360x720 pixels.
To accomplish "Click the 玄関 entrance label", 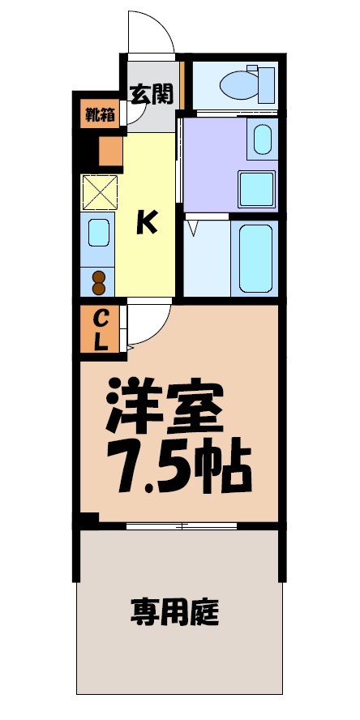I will coord(152,94).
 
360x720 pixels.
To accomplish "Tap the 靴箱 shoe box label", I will coord(100,114).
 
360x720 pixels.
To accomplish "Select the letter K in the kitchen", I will coord(145,221).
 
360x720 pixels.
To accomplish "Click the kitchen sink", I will coord(99,234).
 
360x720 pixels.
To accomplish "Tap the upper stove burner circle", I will coord(99,276).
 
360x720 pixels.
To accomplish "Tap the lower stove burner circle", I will coord(99,288).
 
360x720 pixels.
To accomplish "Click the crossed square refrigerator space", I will coord(101,192).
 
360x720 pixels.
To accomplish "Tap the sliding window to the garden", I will coord(182,526).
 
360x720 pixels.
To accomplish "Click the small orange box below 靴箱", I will coord(109,151).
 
